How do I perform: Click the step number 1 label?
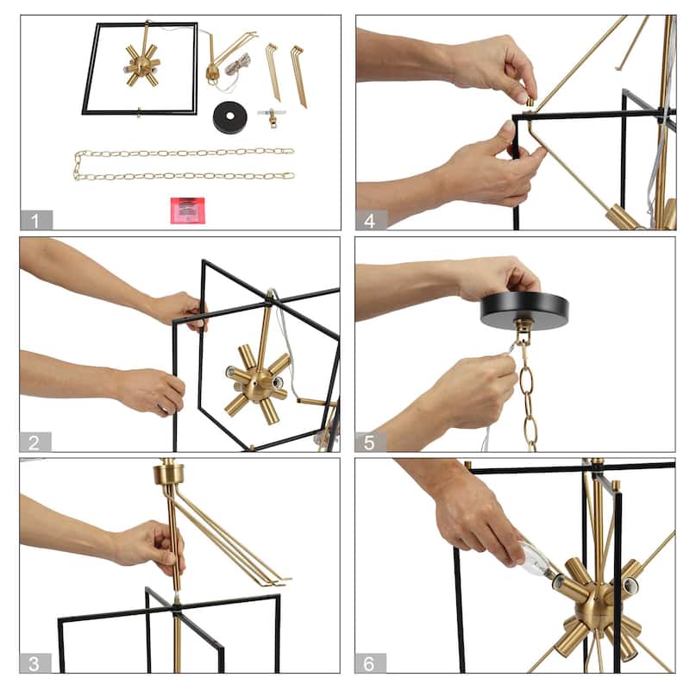point(35,221)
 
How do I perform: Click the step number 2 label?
point(34,442)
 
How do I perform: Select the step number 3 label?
point(34,663)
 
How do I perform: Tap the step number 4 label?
point(371,221)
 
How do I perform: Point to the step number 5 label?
point(370,442)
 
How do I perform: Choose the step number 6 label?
point(370,663)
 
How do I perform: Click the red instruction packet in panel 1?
point(187,210)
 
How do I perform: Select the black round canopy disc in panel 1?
point(229,116)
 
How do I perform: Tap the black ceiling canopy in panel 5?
point(524,310)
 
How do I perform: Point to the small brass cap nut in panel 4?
point(530,102)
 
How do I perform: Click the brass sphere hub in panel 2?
point(257,386)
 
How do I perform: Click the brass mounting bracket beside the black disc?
point(272,116)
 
